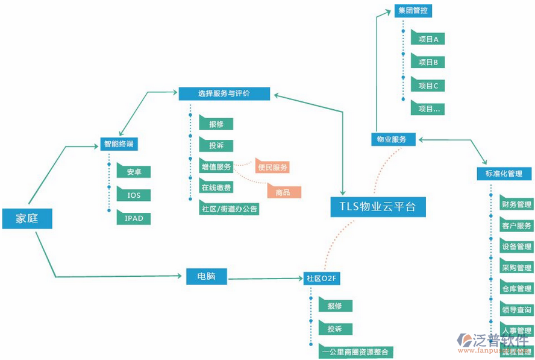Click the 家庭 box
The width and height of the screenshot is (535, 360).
click(27, 218)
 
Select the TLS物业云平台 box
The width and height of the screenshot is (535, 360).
click(378, 207)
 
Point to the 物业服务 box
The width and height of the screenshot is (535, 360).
click(392, 139)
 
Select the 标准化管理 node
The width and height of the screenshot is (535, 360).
click(504, 174)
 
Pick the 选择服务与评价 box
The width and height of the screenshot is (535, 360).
click(224, 93)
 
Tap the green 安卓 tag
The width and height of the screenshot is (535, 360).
click(134, 172)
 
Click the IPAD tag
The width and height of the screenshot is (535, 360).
click(134, 218)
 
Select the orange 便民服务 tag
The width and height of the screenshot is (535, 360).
click(272, 167)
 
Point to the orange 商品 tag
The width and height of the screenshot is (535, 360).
click(283, 192)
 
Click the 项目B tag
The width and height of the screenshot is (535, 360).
click(428, 62)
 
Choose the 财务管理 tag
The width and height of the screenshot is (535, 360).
click(516, 204)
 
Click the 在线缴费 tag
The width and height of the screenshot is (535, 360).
click(216, 188)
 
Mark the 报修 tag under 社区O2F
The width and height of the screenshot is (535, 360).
click(335, 306)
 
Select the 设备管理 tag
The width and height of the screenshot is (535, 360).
click(516, 247)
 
